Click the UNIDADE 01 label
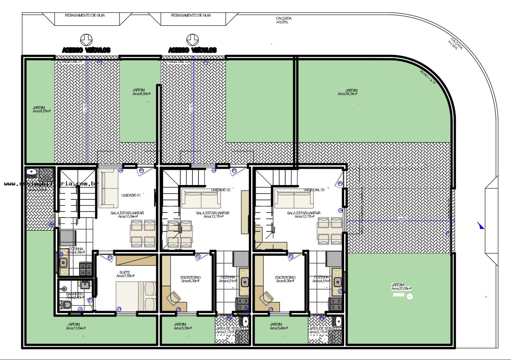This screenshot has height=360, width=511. (x=131, y=196)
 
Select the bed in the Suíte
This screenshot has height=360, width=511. (x=136, y=296)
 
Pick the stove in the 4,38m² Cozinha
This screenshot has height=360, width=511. (x=86, y=269)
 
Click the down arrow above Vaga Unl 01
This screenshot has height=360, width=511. (x=86, y=39)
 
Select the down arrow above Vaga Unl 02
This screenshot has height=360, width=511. (x=193, y=39)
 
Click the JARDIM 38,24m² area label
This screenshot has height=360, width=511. (x=348, y=92)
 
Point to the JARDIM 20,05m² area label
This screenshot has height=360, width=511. (x=401, y=287)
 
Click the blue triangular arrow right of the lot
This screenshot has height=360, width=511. (x=481, y=226)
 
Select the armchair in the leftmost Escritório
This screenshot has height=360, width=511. (x=174, y=298)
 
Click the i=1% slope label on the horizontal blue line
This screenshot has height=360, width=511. (x=401, y=219)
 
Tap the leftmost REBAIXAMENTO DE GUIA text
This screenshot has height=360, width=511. (x=85, y=15)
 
